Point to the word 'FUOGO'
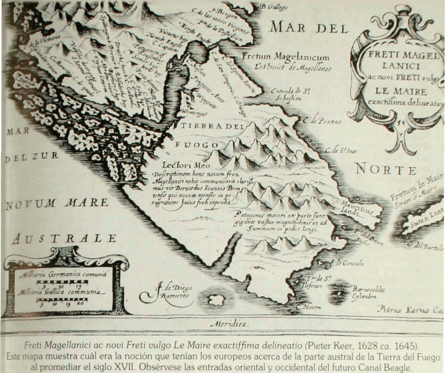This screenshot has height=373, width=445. coord(197,145)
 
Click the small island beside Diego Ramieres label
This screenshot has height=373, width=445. coord(216,300)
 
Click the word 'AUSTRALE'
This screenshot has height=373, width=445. coord(64,238)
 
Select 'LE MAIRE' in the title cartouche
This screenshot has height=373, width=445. coord(396,92)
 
